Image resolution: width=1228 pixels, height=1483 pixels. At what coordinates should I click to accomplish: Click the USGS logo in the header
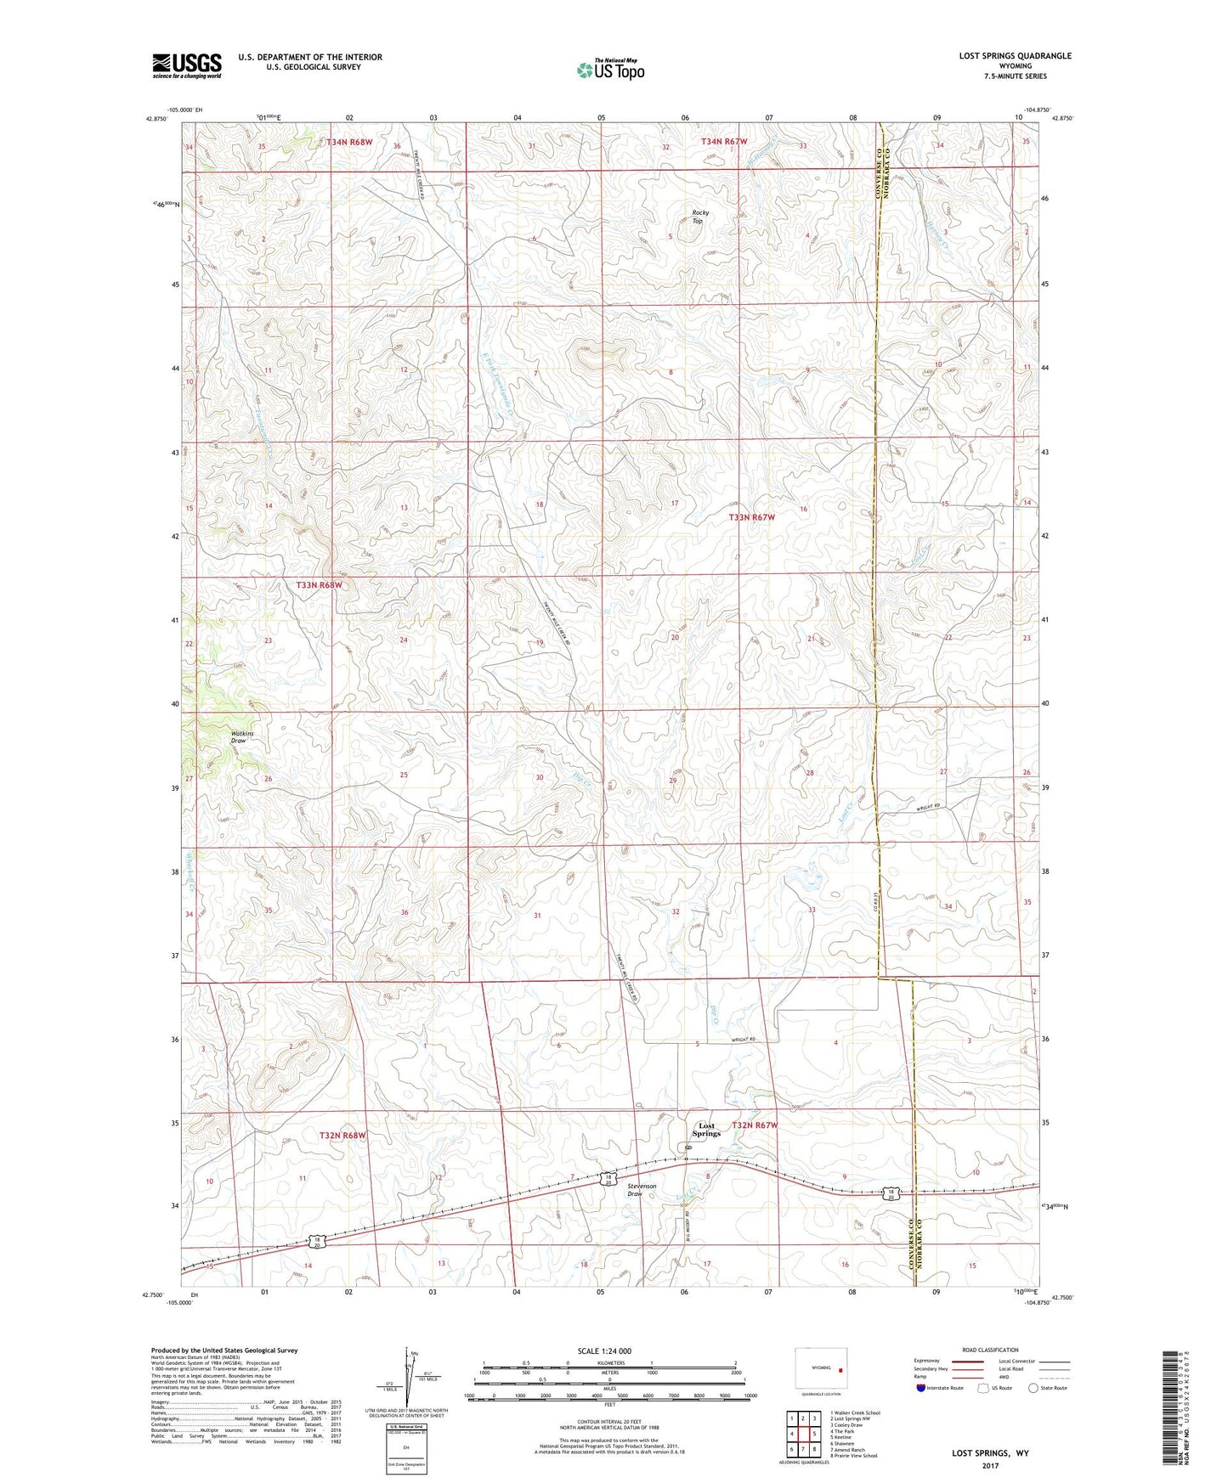[187, 65]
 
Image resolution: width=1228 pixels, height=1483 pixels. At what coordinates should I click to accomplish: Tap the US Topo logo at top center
[610, 70]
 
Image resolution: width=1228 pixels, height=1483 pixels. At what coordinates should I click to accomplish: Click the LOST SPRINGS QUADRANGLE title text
[1015, 56]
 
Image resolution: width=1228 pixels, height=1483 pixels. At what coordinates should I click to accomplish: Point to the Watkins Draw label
[242, 736]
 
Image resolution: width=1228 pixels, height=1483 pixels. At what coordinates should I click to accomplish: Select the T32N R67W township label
[755, 1125]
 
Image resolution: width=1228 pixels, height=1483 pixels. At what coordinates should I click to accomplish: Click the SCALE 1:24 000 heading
[604, 1350]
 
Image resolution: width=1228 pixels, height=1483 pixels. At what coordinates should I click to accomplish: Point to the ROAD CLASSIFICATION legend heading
[991, 1350]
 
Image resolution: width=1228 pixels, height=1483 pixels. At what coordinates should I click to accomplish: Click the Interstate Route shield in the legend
[922, 1388]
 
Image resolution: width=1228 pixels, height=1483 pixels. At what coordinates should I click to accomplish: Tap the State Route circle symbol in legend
[1033, 1388]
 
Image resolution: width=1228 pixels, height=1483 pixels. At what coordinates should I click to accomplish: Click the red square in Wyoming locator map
[840, 1369]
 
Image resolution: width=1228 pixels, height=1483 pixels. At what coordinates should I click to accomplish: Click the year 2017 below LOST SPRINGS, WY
[990, 1466]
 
